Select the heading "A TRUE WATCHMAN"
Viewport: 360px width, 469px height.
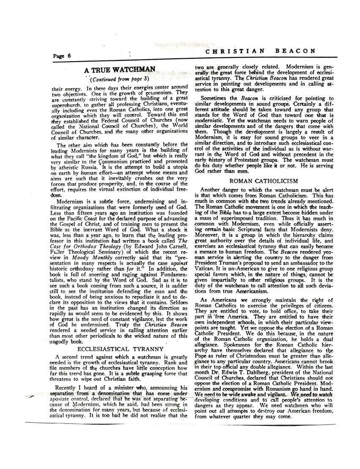pyautogui.click(x=114, y=69)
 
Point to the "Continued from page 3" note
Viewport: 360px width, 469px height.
pyautogui.click(x=119, y=79)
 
